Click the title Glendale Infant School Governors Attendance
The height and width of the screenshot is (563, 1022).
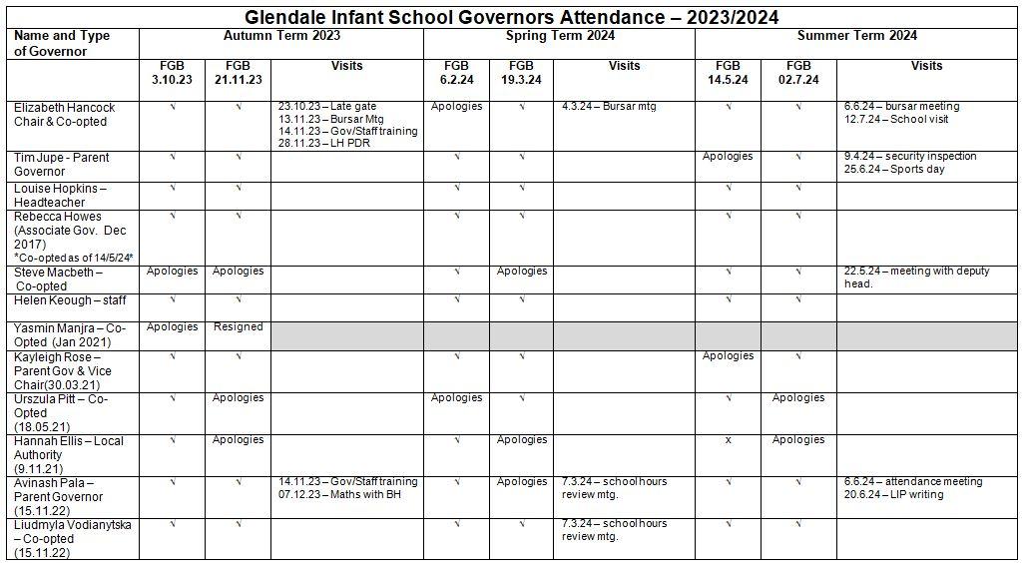pos(511,17)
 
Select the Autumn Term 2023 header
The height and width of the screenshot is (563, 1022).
pos(280,36)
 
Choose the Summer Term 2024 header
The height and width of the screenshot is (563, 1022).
pos(856,36)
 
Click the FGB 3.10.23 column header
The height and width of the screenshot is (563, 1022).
pos(172,73)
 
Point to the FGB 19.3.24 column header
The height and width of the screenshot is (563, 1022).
pos(521,73)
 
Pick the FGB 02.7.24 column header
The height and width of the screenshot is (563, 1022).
pos(797,73)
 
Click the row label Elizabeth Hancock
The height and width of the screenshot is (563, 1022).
pos(65,107)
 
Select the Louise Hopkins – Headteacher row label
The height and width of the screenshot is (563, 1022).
pos(60,195)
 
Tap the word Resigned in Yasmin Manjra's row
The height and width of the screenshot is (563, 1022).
pos(238,326)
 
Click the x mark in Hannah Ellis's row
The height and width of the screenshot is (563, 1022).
pos(728,440)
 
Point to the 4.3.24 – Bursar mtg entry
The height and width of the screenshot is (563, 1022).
pos(609,106)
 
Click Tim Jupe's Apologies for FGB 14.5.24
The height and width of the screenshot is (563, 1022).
pos(728,156)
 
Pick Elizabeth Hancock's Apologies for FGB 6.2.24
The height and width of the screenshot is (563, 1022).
pos(456,106)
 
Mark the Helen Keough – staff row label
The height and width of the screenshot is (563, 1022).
pos(70,300)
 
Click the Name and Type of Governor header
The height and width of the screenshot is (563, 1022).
pos(62,43)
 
